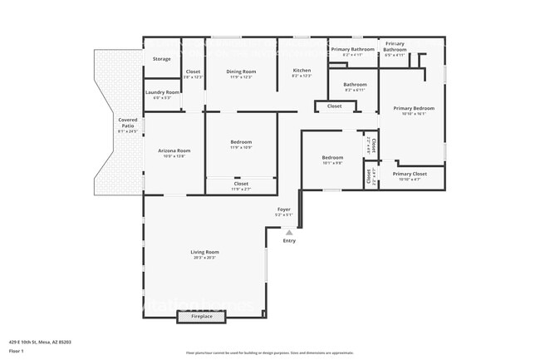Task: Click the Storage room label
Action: click(x=162, y=59)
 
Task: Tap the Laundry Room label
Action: click(x=162, y=92)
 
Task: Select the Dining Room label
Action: click(x=241, y=72)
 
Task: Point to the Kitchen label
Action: click(x=302, y=72)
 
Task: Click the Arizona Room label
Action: click(x=174, y=150)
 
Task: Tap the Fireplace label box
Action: click(x=202, y=316)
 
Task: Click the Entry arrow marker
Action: click(x=289, y=233)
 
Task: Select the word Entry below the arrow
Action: click(x=289, y=241)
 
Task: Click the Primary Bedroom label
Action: click(x=414, y=108)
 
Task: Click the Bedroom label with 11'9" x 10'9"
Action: click(x=241, y=142)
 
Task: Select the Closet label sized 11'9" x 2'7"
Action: click(x=241, y=185)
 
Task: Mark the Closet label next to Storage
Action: click(x=193, y=72)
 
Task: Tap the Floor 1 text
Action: click(x=17, y=349)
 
